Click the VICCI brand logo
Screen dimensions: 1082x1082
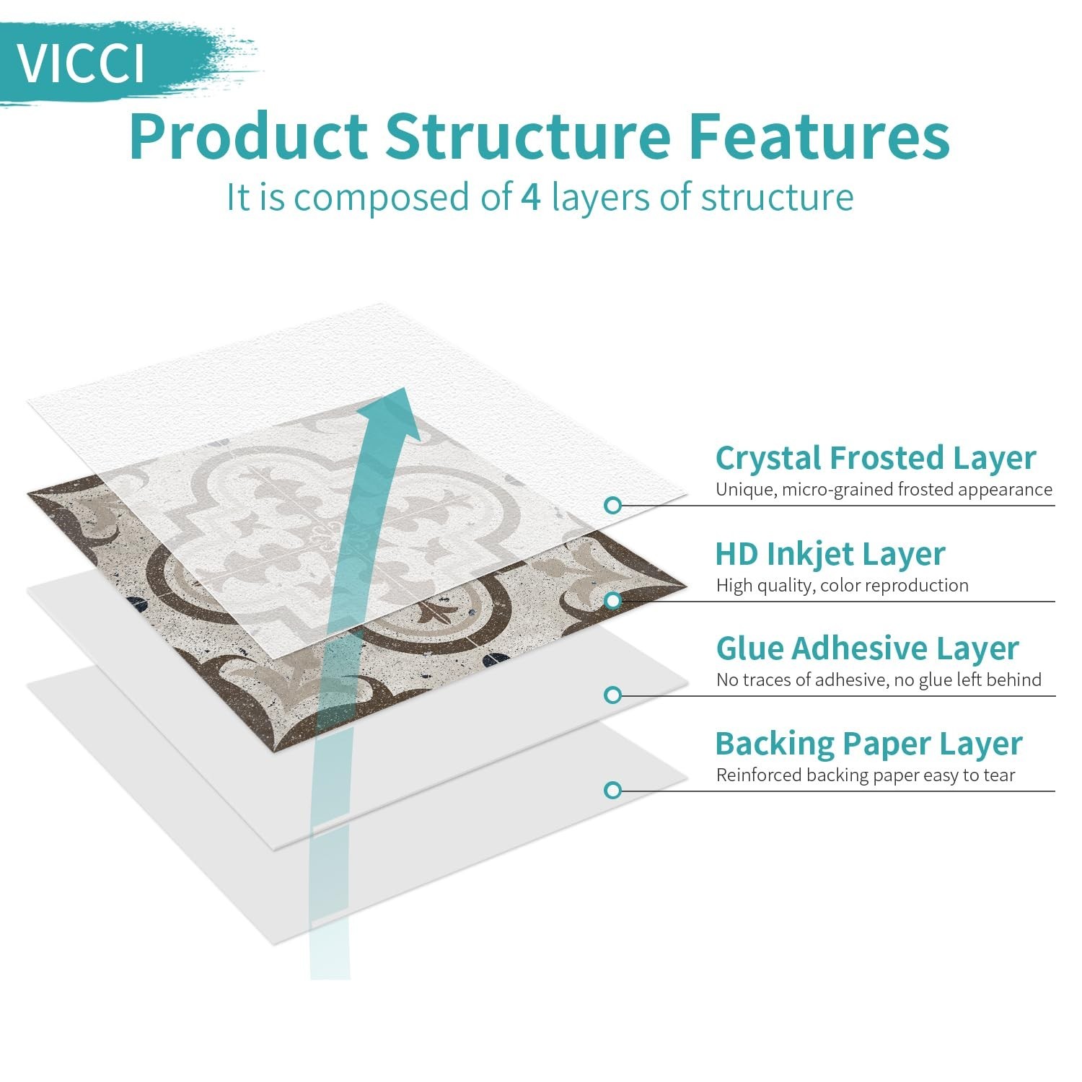tap(81, 63)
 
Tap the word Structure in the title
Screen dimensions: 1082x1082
tap(527, 137)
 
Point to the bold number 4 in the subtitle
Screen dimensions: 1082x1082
tap(530, 198)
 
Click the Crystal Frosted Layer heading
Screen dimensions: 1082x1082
tap(875, 458)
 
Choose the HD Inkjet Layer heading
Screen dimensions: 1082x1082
tap(830, 554)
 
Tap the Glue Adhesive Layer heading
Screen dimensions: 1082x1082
tap(866, 648)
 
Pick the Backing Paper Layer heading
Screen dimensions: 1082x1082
tap(868, 744)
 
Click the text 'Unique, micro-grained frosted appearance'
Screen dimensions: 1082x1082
tap(884, 490)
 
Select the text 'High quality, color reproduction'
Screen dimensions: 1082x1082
tap(842, 585)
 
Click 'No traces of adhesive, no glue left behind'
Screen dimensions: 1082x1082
tap(879, 679)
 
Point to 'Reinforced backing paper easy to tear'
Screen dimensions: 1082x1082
tap(865, 775)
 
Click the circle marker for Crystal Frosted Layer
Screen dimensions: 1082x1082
tap(613, 506)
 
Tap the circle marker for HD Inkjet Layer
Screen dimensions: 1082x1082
tap(613, 600)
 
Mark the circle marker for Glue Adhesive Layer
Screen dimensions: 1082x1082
tap(613, 695)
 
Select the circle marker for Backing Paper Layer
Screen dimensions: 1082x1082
tap(613, 791)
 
